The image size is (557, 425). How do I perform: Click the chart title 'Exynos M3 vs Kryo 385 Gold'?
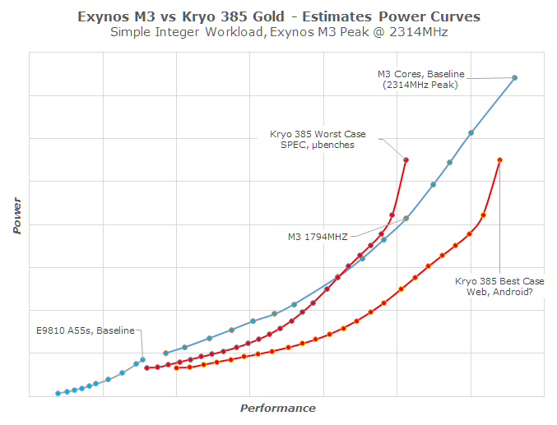tap(278, 16)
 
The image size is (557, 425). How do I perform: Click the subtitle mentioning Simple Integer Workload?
tap(278, 33)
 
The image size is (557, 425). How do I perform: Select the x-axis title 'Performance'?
tap(277, 408)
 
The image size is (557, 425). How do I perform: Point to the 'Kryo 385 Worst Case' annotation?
tap(318, 134)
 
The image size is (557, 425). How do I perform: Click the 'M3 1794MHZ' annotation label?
tap(317, 237)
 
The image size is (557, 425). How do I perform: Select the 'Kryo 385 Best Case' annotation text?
tap(499, 280)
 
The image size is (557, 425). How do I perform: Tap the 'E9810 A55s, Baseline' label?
tap(85, 330)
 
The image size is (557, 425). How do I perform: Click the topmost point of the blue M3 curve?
tap(514, 78)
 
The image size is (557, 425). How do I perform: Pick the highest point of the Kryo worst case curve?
tap(406, 159)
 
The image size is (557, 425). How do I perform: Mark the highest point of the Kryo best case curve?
tap(499, 160)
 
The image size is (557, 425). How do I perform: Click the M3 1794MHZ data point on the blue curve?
tap(406, 219)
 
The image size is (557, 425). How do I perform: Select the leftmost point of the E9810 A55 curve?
tap(58, 393)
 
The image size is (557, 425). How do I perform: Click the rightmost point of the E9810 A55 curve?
tap(142, 359)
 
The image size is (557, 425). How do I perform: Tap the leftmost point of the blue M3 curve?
tap(165, 353)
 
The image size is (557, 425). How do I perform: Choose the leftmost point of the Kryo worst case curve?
tap(146, 367)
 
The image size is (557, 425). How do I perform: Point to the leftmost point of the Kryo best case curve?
tap(176, 367)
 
